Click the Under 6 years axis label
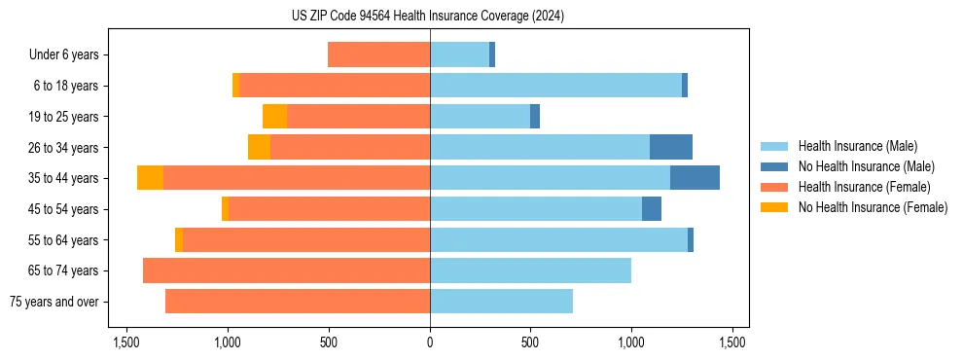pos(63,55)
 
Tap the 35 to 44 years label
pos(63,178)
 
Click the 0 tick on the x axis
pos(430,342)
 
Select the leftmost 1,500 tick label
pos(126,342)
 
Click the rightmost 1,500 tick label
pos(732,342)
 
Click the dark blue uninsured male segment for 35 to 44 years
pos(695,178)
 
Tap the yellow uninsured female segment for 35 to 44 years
pos(150,178)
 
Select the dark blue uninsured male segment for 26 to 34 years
pos(671,147)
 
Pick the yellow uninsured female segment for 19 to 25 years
pos(274,117)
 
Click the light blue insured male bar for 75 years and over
pos(501,302)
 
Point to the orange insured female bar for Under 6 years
pos(378,55)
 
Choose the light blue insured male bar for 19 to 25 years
pos(480,117)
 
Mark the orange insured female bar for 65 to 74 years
pos(286,270)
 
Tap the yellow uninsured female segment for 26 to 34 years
pos(259,147)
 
